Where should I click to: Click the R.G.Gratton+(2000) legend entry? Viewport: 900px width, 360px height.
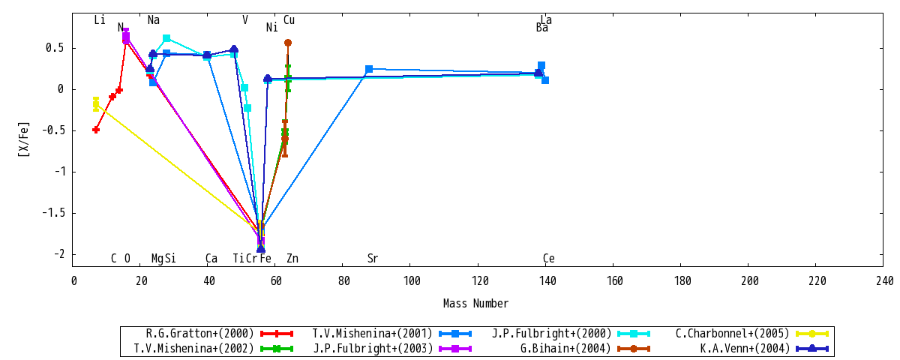[x=219, y=334]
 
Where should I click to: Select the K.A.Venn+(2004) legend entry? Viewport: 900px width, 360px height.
[x=764, y=348]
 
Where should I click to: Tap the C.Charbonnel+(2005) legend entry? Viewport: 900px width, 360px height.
[x=751, y=334]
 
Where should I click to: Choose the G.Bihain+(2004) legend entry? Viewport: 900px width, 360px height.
[x=585, y=348]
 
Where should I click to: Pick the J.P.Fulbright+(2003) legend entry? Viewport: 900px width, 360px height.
[x=392, y=348]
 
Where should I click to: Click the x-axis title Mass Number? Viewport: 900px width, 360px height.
[x=475, y=303]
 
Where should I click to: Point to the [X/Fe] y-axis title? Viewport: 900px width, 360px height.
[x=24, y=139]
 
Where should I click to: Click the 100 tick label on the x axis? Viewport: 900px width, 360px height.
[x=412, y=280]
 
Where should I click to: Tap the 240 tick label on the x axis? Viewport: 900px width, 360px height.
[x=884, y=280]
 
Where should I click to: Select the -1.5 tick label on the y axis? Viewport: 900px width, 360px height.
[x=53, y=212]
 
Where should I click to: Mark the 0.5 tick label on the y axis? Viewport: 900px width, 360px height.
[x=55, y=48]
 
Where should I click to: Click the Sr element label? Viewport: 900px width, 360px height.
[x=373, y=258]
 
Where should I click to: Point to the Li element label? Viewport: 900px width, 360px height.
[x=100, y=19]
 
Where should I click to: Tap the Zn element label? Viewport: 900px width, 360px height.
[x=292, y=258]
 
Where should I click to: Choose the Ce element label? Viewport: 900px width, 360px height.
[x=549, y=258]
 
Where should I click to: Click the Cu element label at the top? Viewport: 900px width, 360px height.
[x=289, y=19]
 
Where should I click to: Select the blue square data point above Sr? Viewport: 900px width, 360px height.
[x=369, y=69]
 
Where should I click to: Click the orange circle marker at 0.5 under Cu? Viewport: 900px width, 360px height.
[x=288, y=43]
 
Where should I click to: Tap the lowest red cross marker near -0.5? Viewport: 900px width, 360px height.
[x=96, y=130]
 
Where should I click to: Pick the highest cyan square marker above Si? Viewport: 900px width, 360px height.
[x=166, y=38]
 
